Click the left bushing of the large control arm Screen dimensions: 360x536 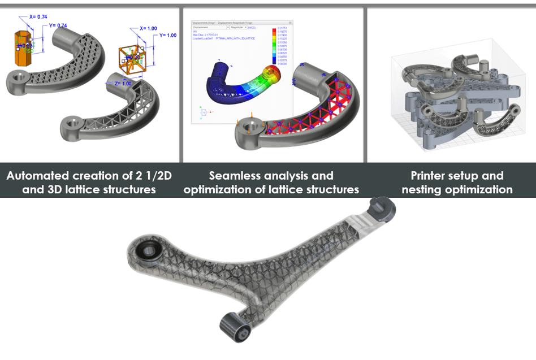tap(150, 249)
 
